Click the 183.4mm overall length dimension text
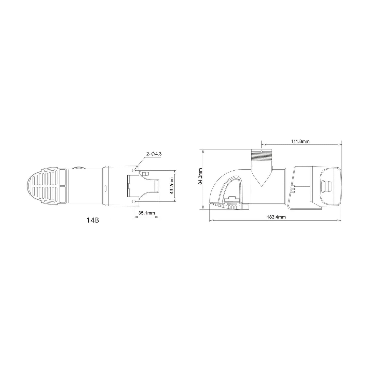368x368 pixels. click(276, 217)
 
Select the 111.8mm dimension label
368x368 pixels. click(301, 141)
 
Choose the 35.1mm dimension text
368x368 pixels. click(147, 213)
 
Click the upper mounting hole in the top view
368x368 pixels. click(134, 170)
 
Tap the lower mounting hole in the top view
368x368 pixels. click(134, 202)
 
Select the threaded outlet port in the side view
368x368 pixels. click(262, 155)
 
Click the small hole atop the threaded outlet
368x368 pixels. click(262, 151)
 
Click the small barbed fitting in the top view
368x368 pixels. click(146, 174)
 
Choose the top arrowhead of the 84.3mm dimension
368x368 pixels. click(203, 150)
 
